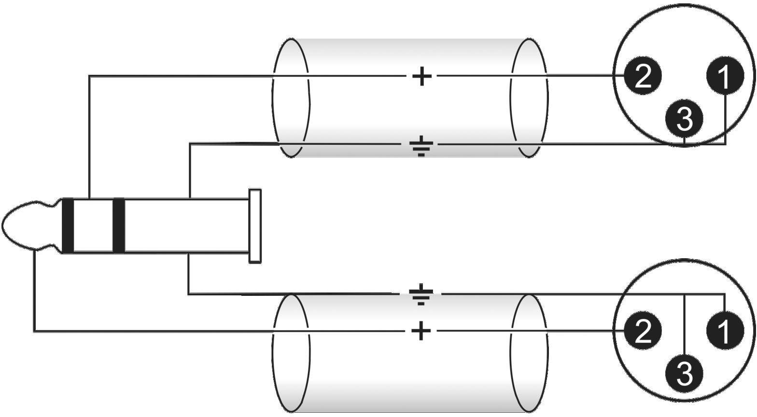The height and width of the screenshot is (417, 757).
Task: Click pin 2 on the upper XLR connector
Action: point(642,76)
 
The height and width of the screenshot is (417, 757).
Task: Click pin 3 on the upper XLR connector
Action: point(684,119)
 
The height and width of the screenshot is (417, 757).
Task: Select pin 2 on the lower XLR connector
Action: point(642,331)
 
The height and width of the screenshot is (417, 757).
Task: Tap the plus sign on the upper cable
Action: point(421,76)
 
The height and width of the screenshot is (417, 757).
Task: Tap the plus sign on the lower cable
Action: point(421,331)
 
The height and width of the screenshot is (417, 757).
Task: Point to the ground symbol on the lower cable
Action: point(421,296)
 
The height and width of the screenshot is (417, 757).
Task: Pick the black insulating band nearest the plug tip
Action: point(68,225)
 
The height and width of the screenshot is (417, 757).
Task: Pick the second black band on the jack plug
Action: point(118,225)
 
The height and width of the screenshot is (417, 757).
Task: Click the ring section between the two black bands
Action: point(93,225)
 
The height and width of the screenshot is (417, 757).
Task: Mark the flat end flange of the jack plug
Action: point(255,226)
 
